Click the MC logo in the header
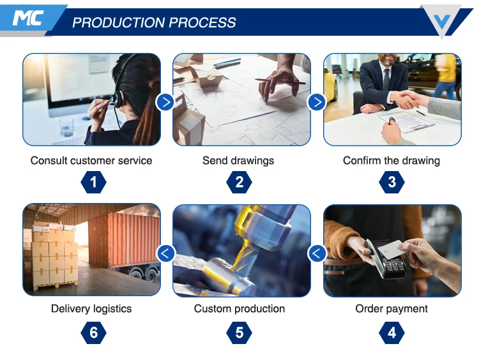[x=27, y=18]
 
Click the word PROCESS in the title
[x=202, y=22]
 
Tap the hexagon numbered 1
[x=93, y=183]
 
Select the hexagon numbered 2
[x=240, y=183]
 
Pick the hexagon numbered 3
[x=392, y=183]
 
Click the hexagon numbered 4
[x=392, y=333]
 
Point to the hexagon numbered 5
[x=240, y=333]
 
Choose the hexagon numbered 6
[x=93, y=333]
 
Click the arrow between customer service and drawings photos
[x=165, y=102]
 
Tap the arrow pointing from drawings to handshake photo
[x=317, y=102]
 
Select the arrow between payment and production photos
[x=317, y=253]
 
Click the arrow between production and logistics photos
[x=165, y=253]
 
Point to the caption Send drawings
[x=238, y=161]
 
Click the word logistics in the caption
[x=112, y=309]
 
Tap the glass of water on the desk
[x=67, y=127]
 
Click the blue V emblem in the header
[x=442, y=21]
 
